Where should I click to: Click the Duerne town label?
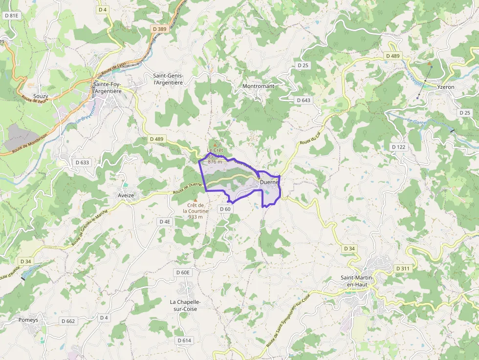(269, 182)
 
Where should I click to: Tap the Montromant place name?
(258, 86)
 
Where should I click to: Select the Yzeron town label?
(446, 87)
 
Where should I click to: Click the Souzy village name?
(41, 96)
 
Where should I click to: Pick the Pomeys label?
(28, 320)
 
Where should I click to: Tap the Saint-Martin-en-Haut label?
(357, 281)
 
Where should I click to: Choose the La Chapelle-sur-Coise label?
(185, 305)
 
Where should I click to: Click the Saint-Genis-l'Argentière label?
(168, 79)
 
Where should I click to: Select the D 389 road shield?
(159, 29)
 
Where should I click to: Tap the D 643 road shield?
(303, 100)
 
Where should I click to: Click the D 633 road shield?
(83, 162)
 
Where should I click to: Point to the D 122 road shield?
(399, 147)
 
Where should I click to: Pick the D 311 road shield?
(403, 269)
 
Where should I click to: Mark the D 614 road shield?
(184, 340)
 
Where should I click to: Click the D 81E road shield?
(11, 16)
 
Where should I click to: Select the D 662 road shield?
(68, 321)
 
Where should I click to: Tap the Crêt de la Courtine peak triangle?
(196, 200)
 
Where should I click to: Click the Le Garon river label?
(417, 121)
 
